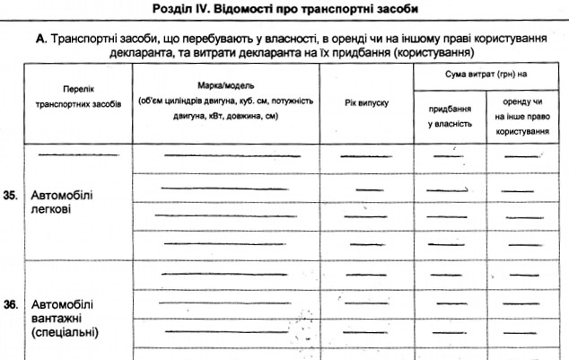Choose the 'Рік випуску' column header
click(366, 105)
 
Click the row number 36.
click(12, 306)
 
